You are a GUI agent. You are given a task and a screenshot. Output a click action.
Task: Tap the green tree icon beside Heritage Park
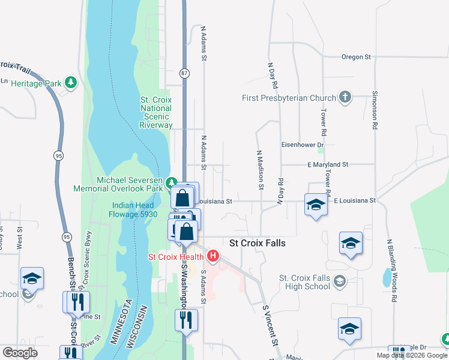71,82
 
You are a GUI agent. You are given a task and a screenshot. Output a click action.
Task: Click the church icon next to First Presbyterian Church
345,97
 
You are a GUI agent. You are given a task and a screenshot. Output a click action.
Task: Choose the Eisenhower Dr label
303,145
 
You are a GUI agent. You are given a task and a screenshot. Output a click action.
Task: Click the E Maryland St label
328,164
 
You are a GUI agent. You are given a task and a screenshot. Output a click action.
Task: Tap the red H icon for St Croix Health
212,257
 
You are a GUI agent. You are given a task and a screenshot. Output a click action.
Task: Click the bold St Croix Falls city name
258,243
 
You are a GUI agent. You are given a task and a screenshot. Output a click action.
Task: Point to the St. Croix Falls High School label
305,282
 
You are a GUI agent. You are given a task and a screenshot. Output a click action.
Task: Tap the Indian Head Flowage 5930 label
134,209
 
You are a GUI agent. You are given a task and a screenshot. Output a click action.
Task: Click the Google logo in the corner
20,352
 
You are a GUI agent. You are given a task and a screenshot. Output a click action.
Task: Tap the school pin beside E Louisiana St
316,205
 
